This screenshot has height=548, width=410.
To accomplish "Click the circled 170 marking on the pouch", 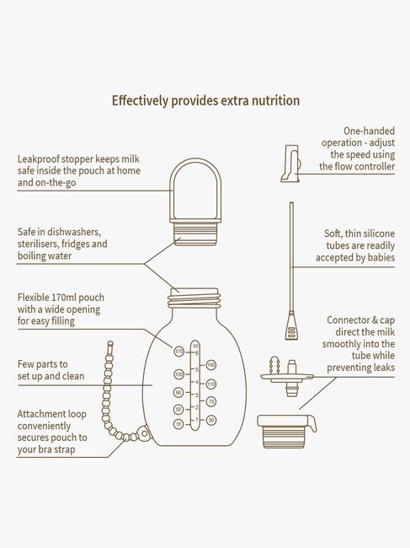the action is click(179, 352).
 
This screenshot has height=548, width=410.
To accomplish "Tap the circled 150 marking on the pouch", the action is click(211, 366).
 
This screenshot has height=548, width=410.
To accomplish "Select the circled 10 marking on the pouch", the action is click(178, 424).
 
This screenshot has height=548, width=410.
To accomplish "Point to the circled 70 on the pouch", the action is click(211, 401).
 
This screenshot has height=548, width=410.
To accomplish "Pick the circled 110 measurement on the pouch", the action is click(211, 384).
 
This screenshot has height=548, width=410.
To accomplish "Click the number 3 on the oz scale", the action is click(197, 395).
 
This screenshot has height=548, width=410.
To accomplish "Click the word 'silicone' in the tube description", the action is click(378, 234).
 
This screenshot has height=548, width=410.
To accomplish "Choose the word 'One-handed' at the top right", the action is click(369, 131).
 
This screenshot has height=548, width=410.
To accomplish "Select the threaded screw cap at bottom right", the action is click(287, 432).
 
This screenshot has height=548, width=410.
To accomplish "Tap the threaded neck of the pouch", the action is click(194, 298).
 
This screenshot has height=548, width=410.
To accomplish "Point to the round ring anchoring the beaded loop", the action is click(143, 433).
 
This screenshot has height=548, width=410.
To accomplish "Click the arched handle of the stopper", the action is click(195, 164).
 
